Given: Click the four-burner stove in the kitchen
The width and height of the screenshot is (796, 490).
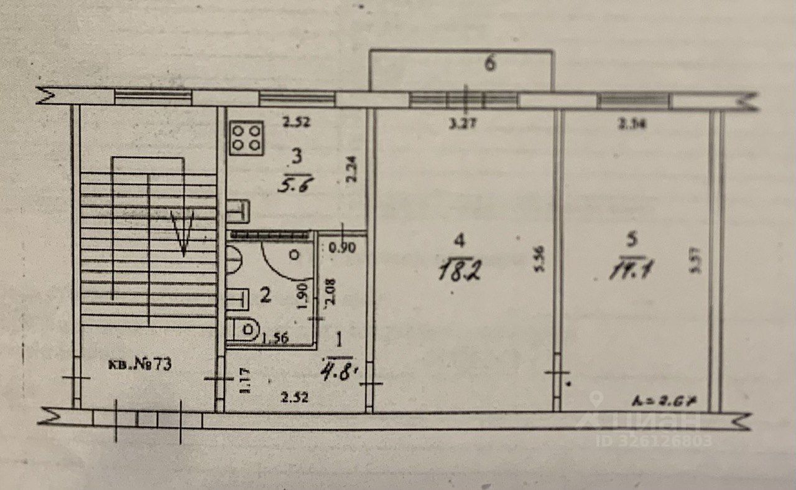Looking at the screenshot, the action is click(x=247, y=138).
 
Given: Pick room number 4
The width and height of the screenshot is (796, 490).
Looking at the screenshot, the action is click(x=459, y=240).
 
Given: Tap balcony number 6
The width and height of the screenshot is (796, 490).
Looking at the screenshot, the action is click(x=490, y=64).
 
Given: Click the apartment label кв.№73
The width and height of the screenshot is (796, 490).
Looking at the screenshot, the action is click(x=141, y=364).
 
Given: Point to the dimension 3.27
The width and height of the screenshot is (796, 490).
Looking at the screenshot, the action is click(x=463, y=123).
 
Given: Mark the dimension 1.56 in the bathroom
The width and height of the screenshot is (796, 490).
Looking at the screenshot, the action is click(x=276, y=338).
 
